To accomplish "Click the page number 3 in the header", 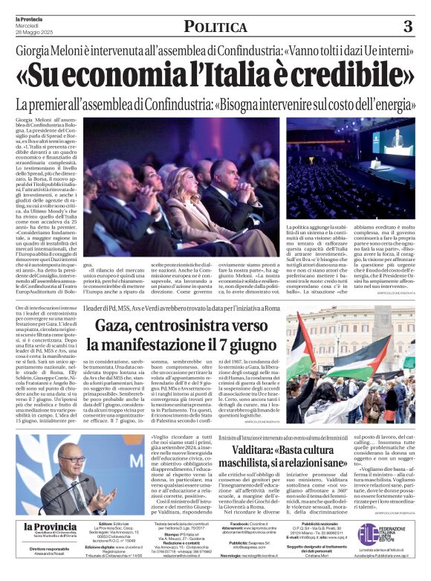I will click(x=407, y=27).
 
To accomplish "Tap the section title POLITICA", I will click(x=215, y=27).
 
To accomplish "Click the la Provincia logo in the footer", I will click(x=49, y=527).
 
